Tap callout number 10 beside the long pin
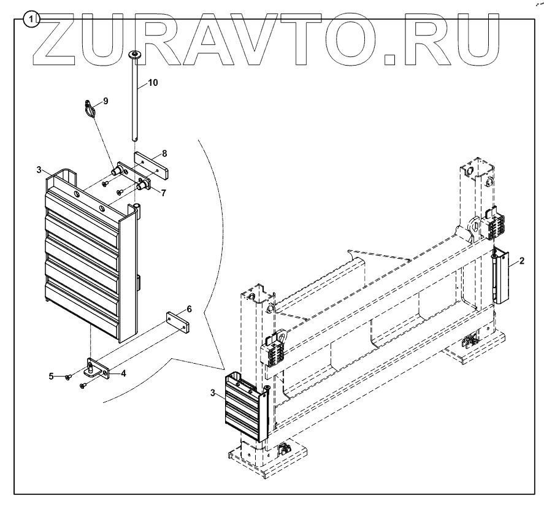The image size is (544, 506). (152, 82)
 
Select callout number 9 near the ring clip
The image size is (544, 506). (105, 101)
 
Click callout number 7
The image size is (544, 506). (164, 193)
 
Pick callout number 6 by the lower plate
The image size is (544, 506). (190, 309)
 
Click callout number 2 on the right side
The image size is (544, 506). (521, 261)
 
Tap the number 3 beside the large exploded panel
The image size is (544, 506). (39, 169)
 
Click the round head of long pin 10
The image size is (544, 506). (134, 56)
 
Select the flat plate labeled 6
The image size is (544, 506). (178, 323)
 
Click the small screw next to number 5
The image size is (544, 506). (70, 376)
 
